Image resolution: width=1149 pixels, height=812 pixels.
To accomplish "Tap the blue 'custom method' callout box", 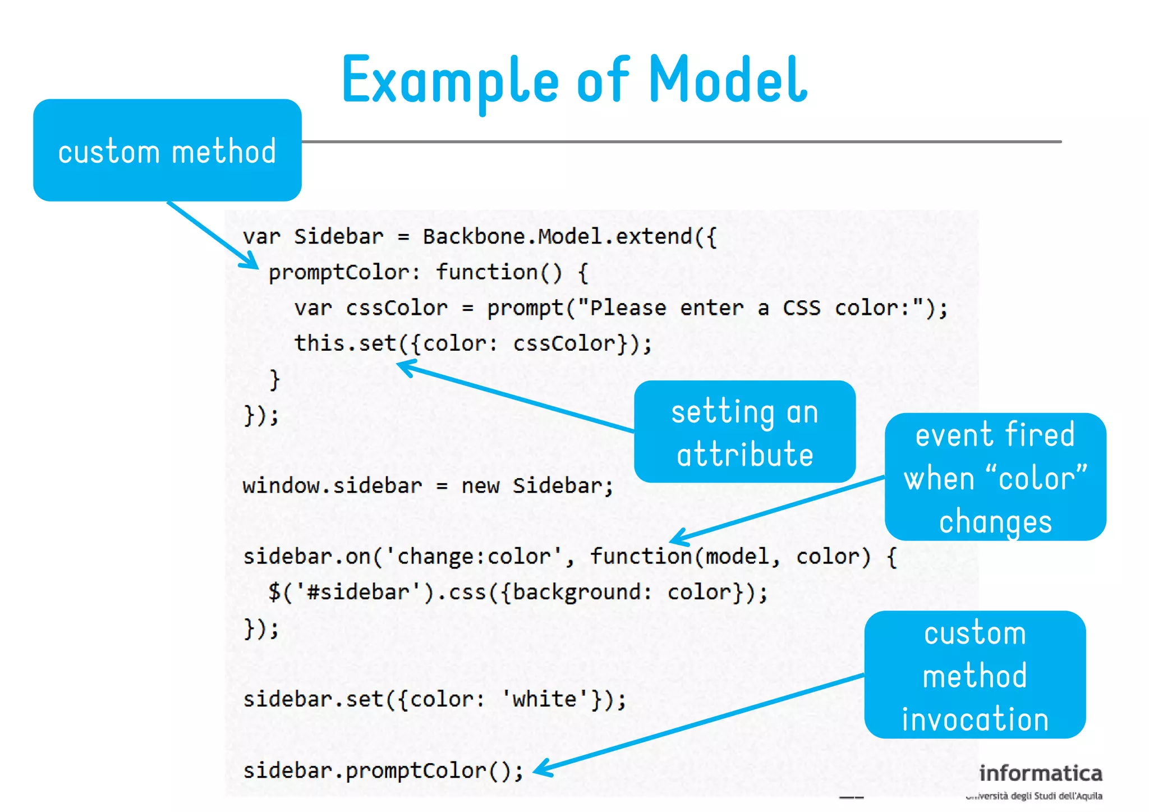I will pyautogui.click(x=167, y=150).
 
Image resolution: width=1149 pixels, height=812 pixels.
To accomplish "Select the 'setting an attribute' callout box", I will pyautogui.click(x=744, y=432).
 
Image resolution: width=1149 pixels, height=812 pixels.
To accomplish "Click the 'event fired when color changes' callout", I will pyautogui.click(x=995, y=477).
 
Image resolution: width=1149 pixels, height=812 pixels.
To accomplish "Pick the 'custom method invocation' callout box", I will pyautogui.click(x=975, y=675).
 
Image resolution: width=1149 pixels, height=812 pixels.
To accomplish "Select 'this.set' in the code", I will pyautogui.click(x=345, y=343).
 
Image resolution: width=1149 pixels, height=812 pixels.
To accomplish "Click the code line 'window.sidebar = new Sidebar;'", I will pyautogui.click(x=428, y=486).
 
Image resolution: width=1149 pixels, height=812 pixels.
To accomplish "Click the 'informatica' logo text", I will pyautogui.click(x=1041, y=773).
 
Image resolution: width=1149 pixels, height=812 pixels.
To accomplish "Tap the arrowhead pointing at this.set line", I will pyautogui.click(x=405, y=367).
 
